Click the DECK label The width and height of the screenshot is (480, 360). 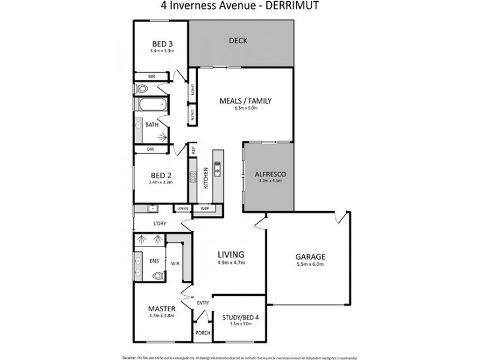(238, 41)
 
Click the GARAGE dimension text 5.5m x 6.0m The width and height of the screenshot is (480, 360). (310, 265)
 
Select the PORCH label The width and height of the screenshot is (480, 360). (202, 335)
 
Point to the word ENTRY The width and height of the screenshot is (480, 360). (203, 303)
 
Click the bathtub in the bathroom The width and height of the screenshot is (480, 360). (151, 105)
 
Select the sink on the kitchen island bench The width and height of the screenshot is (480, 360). (217, 170)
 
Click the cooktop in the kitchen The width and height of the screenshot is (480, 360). (193, 176)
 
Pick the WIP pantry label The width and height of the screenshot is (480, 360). (205, 208)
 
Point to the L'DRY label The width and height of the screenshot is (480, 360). (160, 223)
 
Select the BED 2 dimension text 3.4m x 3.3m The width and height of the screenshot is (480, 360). (161, 182)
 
